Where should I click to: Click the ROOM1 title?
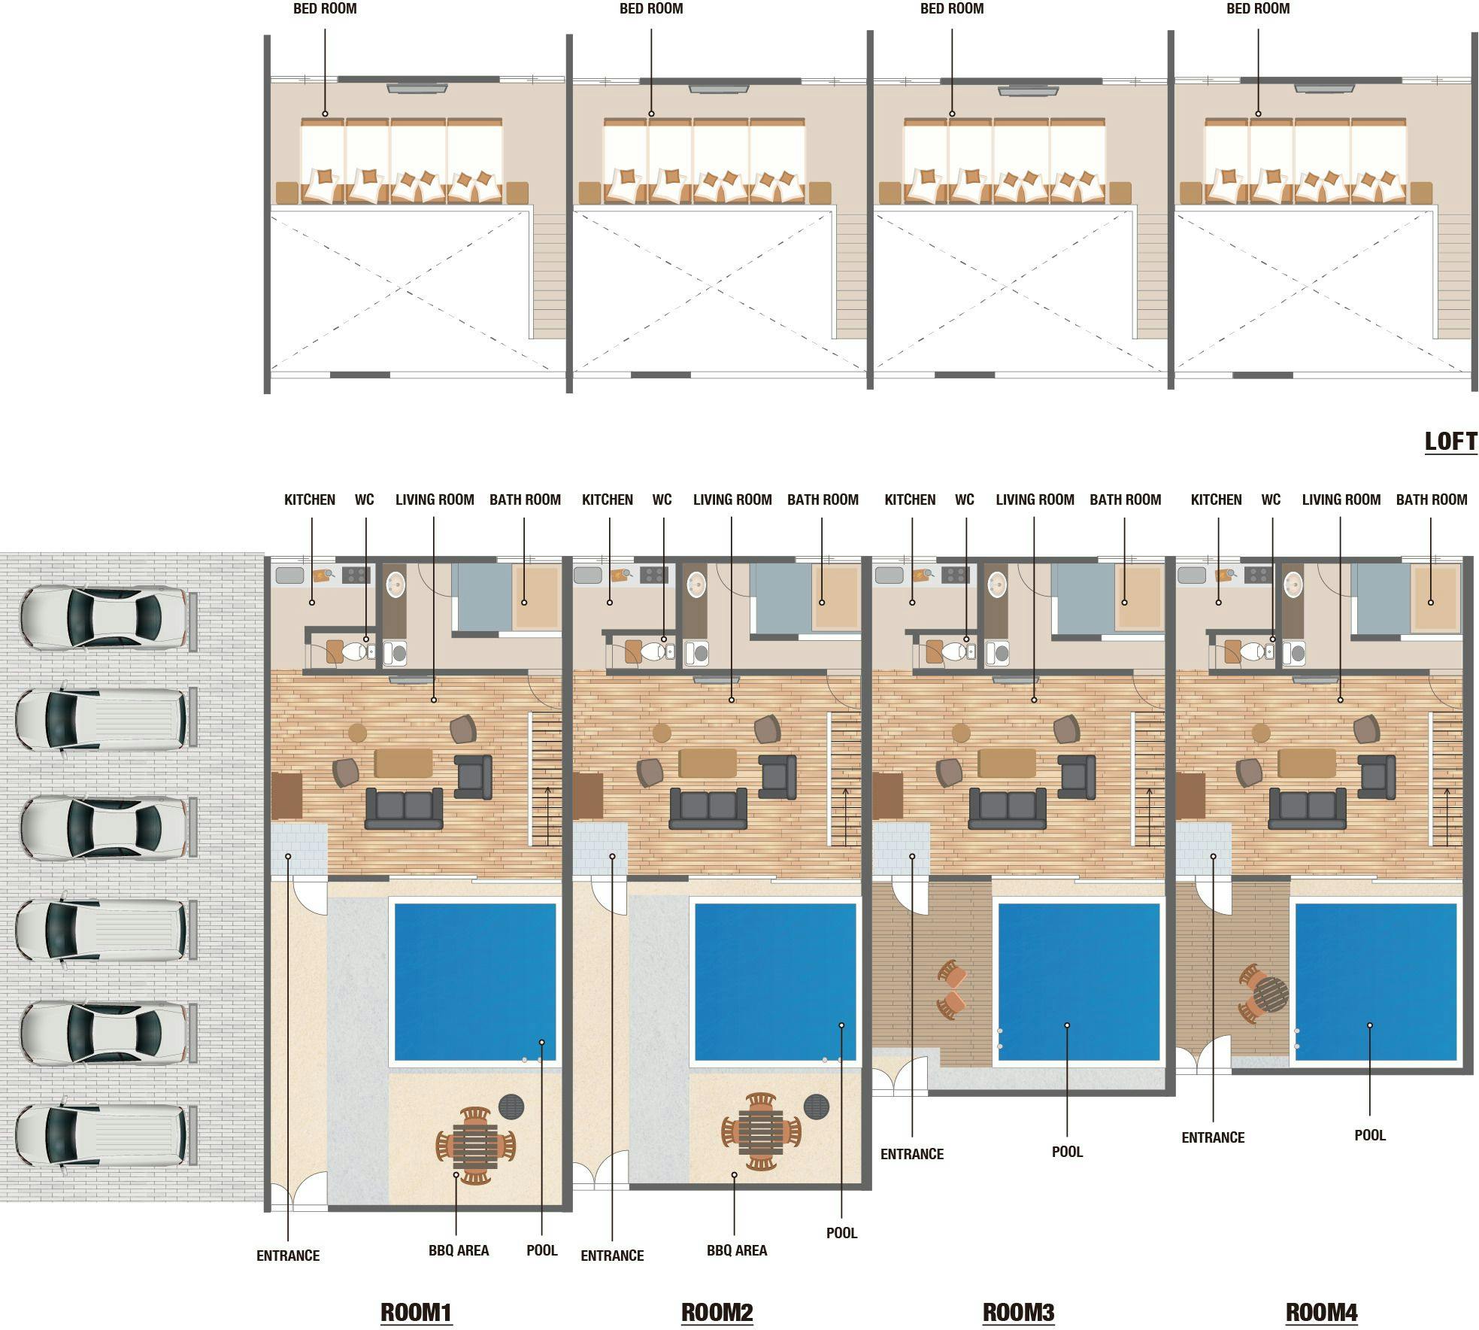coord(416,1312)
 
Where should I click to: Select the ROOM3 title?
coord(1019,1312)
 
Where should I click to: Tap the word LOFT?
coord(1451,441)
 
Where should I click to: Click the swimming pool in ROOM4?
coord(1376,982)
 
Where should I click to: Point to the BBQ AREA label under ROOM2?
coord(737,1250)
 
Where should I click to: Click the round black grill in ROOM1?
coord(511,1107)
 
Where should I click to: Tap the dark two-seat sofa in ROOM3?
coord(1008,808)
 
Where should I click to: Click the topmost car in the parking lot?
coord(103,617)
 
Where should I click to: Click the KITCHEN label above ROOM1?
coord(310,500)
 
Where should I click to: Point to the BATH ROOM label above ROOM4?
coord(1432,500)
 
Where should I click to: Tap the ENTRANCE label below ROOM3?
coord(912,1154)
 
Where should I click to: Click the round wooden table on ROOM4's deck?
coord(1269,994)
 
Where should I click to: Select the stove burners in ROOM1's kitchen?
coord(356,575)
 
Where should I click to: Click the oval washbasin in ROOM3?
coord(997,584)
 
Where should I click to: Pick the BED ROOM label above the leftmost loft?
coord(325,9)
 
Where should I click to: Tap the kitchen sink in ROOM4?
coord(1192,575)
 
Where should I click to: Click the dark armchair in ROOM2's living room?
coord(777,776)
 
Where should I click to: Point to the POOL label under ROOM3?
coord(1068,1152)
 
